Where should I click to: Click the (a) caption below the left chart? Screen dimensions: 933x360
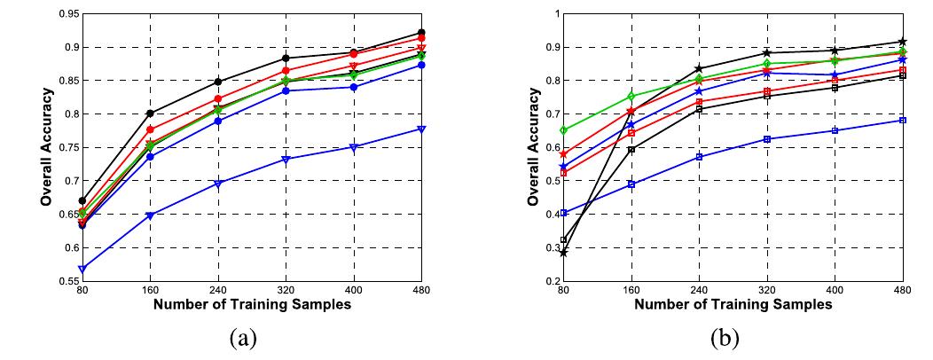(242, 339)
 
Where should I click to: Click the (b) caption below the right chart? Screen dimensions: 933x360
(725, 339)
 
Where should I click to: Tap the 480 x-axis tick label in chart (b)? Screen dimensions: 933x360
(903, 292)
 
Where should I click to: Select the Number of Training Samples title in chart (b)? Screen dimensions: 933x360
(733, 305)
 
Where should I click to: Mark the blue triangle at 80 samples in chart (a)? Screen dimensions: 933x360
(82, 269)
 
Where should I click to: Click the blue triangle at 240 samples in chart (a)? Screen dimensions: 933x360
(218, 184)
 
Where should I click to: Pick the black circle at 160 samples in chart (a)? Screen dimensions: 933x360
(150, 113)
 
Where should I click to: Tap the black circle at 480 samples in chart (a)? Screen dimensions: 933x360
(422, 32)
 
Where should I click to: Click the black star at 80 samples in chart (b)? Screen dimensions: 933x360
(563, 253)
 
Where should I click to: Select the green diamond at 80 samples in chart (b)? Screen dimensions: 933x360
(563, 130)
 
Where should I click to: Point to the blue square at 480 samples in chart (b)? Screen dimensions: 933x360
(903, 121)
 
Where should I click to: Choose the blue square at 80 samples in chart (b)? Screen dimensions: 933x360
(563, 213)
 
